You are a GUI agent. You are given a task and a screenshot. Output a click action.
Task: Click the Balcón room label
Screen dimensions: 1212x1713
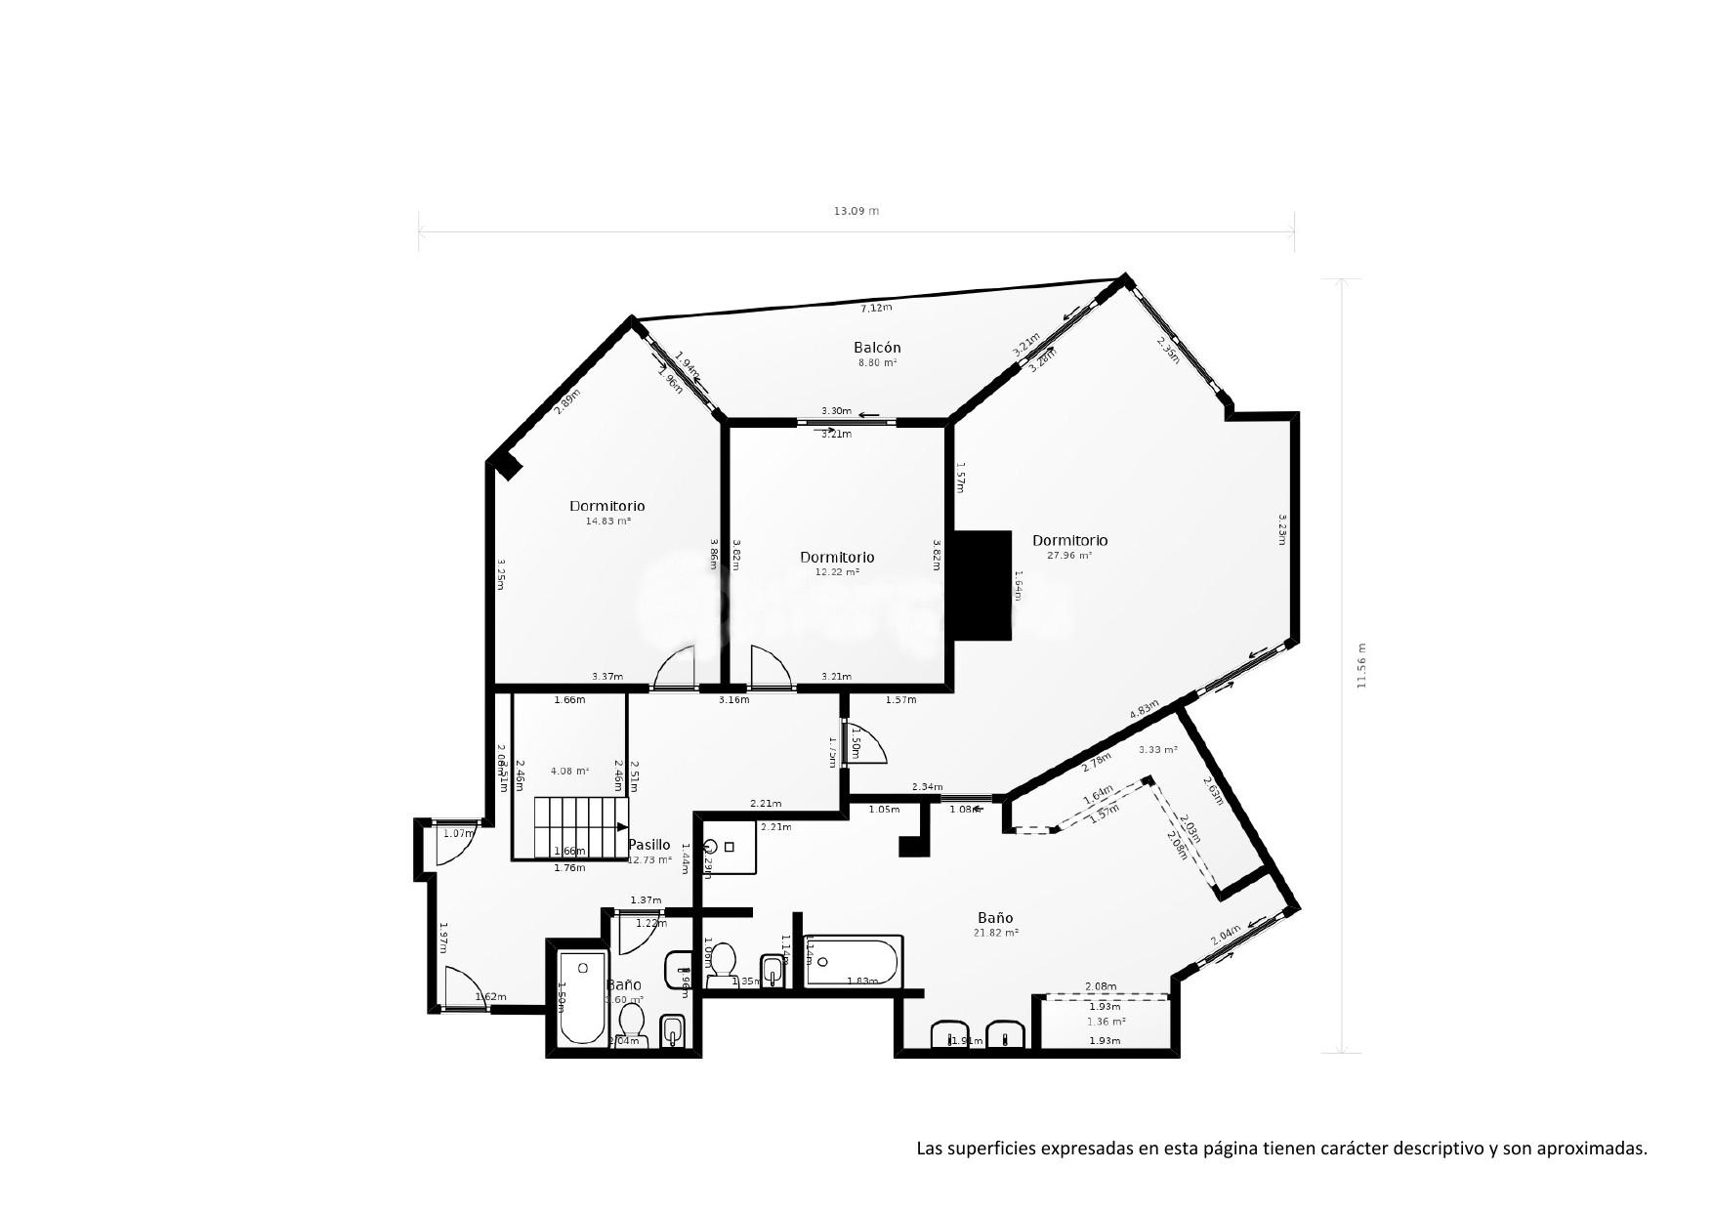[876, 348]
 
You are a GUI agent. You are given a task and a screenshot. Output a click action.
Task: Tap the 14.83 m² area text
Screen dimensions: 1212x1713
[607, 522]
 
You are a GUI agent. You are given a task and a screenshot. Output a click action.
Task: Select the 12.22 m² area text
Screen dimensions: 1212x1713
[837, 572]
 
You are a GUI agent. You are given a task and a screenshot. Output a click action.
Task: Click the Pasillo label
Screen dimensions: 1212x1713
[648, 845]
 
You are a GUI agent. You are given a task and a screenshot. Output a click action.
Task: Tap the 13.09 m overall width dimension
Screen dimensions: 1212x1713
[856, 211]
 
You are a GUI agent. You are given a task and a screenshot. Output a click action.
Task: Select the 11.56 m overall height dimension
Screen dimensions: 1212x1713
[1360, 665]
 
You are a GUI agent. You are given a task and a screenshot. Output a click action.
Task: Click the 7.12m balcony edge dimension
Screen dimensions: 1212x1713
[875, 308]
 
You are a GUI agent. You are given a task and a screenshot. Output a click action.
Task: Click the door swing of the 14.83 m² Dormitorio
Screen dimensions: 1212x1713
[675, 669]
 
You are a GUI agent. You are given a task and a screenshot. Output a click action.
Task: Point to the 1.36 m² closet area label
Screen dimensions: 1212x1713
[1106, 1022]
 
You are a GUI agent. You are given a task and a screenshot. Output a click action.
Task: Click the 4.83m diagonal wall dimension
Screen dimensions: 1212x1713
[1144, 709]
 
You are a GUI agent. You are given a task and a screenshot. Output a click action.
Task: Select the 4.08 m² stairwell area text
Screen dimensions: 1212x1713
[568, 771]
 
